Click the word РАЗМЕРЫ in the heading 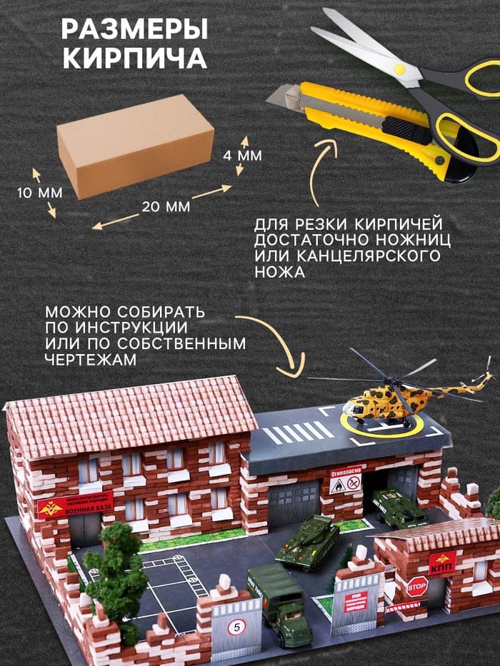(x=134, y=30)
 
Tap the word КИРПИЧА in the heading (x=134, y=59)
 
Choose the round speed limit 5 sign (x=235, y=628)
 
